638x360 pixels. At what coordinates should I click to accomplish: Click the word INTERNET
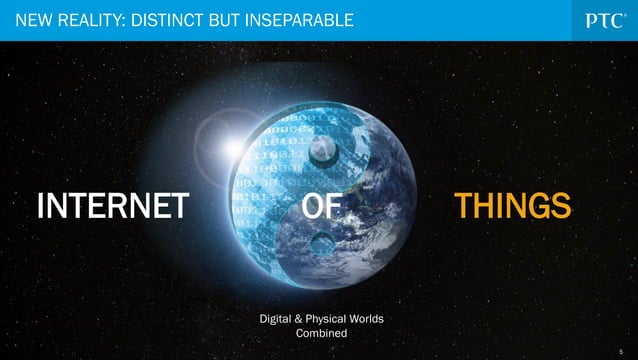pos(113,207)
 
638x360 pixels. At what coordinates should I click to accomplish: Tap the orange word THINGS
pos(512,207)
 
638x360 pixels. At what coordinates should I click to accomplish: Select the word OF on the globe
pos(321,207)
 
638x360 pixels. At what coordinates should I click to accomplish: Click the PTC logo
pos(603,19)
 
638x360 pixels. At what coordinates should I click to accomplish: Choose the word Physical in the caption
pos(331,319)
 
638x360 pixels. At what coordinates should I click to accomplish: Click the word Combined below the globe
pos(321,333)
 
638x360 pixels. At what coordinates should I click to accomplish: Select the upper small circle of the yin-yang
pos(322,152)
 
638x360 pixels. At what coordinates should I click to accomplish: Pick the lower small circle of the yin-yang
pos(321,243)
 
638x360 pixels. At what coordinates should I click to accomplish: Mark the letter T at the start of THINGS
pos(463,207)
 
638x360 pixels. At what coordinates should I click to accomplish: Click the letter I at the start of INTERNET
pos(40,207)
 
